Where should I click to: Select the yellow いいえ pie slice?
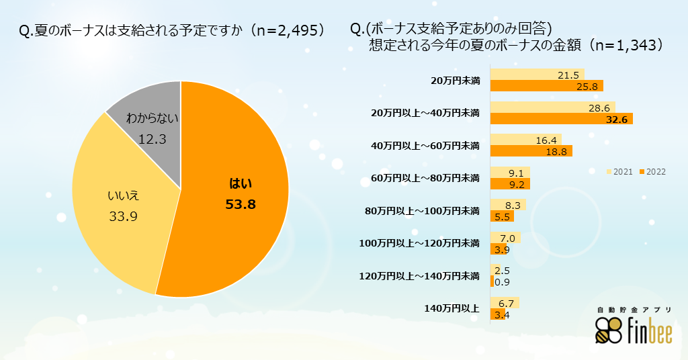click(121, 208)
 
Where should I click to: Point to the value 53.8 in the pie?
click(241, 204)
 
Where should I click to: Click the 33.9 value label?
click(123, 216)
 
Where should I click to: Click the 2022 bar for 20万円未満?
click(546, 86)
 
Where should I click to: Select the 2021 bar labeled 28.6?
click(552, 107)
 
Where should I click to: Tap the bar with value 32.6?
click(561, 119)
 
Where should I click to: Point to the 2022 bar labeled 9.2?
click(510, 183)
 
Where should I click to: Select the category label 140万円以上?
click(451, 308)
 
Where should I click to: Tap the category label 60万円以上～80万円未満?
click(425, 178)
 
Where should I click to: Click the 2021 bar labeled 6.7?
click(505, 303)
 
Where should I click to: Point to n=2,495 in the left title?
click(290, 31)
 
